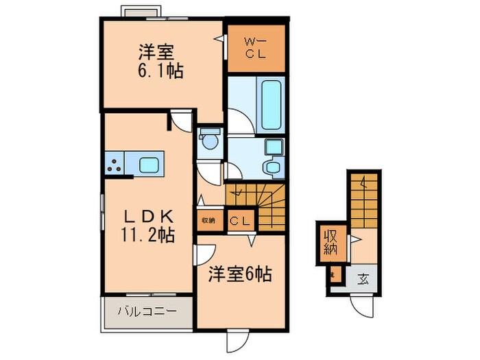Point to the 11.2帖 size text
point(146,235)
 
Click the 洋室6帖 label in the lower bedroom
point(240,274)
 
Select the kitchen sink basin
point(149,165)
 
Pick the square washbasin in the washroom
point(273,147)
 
